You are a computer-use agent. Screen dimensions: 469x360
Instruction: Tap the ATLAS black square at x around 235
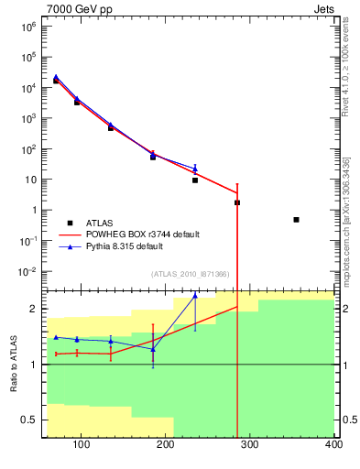coord(195,180)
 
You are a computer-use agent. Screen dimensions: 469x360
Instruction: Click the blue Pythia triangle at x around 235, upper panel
coord(195,168)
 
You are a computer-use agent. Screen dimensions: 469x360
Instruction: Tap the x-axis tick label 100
coord(81,446)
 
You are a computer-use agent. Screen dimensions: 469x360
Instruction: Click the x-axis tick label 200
coord(165,446)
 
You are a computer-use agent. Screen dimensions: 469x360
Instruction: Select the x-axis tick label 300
coord(249,446)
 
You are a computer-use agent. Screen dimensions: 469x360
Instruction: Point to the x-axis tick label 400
coord(333,446)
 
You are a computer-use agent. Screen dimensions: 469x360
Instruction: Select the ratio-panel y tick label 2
coord(35,309)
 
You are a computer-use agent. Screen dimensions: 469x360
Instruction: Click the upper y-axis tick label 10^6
coord(28,26)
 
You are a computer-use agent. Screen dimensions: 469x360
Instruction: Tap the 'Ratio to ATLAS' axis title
coord(14,364)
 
